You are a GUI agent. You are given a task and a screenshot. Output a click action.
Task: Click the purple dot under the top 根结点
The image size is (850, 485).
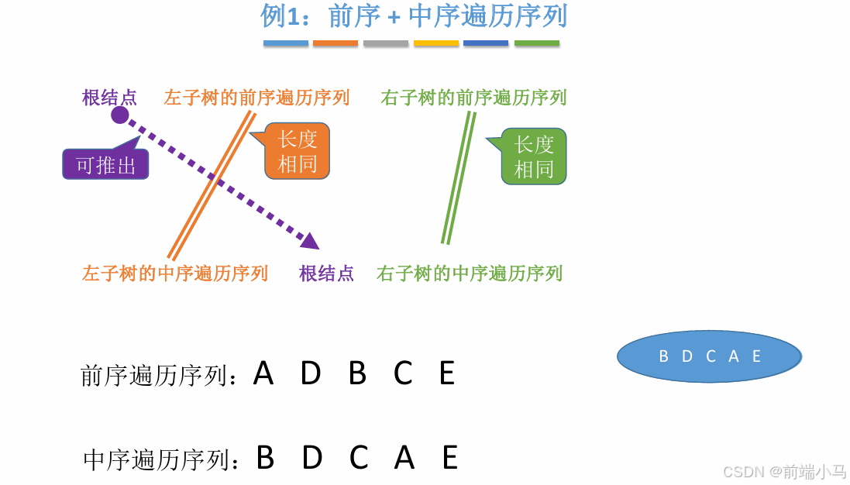(x=119, y=115)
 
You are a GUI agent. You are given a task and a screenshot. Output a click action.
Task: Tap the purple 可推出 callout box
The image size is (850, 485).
(x=105, y=164)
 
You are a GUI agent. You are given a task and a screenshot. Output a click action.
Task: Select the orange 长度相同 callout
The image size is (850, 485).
(x=298, y=151)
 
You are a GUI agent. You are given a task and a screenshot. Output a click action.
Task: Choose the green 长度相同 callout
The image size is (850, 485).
(x=534, y=157)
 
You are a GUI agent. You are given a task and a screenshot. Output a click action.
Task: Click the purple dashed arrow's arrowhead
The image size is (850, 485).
(x=310, y=241)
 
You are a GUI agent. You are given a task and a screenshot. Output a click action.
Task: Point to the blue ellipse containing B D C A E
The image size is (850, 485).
(x=709, y=356)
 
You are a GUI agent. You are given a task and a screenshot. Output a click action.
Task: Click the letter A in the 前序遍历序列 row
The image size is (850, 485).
(x=263, y=374)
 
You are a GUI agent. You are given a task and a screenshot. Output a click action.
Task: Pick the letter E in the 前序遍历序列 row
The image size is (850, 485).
(x=447, y=374)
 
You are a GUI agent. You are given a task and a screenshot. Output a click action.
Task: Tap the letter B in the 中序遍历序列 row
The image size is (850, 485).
(x=265, y=459)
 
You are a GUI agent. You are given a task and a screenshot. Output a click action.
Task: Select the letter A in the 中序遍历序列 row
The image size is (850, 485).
(x=404, y=459)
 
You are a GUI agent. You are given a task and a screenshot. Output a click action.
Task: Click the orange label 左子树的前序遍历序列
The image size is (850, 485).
(x=256, y=98)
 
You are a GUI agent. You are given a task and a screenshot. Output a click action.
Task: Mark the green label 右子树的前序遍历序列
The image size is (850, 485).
(x=473, y=98)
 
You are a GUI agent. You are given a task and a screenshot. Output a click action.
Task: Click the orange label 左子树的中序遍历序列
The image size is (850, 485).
(x=175, y=273)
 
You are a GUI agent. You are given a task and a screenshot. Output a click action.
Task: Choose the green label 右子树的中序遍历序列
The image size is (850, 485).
(x=470, y=273)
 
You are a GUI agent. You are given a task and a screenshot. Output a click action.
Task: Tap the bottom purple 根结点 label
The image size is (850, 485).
(x=326, y=273)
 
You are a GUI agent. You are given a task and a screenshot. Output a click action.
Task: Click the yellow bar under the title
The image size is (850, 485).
(x=436, y=43)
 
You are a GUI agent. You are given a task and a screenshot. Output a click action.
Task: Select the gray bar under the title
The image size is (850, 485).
(x=386, y=43)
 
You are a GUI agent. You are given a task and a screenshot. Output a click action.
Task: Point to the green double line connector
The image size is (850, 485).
(x=459, y=178)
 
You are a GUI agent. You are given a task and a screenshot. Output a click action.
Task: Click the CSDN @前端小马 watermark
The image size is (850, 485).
(x=784, y=471)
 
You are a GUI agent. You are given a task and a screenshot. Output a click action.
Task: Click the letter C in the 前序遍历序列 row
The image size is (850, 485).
(x=403, y=374)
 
